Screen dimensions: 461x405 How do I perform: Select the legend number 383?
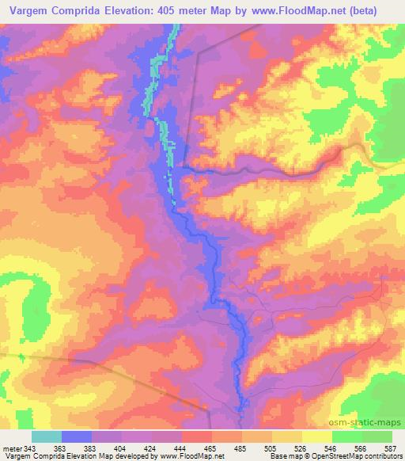(91, 448)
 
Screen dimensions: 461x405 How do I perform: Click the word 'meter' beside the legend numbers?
(12, 448)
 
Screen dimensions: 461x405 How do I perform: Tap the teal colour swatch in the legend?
(47, 436)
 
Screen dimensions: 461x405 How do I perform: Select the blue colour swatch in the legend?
(77, 436)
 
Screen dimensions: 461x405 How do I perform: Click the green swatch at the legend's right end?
(377, 436)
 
